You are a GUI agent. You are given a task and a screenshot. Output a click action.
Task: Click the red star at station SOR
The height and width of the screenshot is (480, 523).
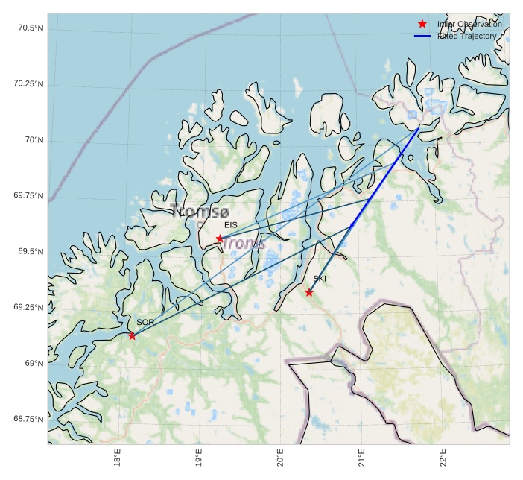click(x=132, y=336)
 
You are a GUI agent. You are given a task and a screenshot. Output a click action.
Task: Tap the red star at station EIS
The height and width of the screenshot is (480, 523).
click(x=220, y=239)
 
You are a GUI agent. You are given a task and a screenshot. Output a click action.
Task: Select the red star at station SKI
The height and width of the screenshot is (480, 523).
click(x=309, y=292)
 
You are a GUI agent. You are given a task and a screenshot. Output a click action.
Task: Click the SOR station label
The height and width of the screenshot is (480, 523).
click(x=145, y=322)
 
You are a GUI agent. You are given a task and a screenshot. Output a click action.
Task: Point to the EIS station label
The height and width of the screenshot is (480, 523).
click(x=231, y=224)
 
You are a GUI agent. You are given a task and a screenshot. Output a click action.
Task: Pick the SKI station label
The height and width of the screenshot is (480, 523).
click(x=320, y=279)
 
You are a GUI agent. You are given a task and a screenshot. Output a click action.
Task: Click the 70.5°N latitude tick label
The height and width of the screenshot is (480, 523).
click(x=29, y=28)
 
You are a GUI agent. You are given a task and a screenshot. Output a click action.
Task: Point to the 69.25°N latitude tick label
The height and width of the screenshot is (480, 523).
click(x=29, y=308)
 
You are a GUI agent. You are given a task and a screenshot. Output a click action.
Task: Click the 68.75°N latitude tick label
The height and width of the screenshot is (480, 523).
click(x=29, y=419)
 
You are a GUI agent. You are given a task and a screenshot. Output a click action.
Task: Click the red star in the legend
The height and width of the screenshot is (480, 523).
click(x=422, y=25)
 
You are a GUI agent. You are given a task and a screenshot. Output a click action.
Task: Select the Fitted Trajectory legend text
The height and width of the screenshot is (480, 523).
click(x=467, y=36)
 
